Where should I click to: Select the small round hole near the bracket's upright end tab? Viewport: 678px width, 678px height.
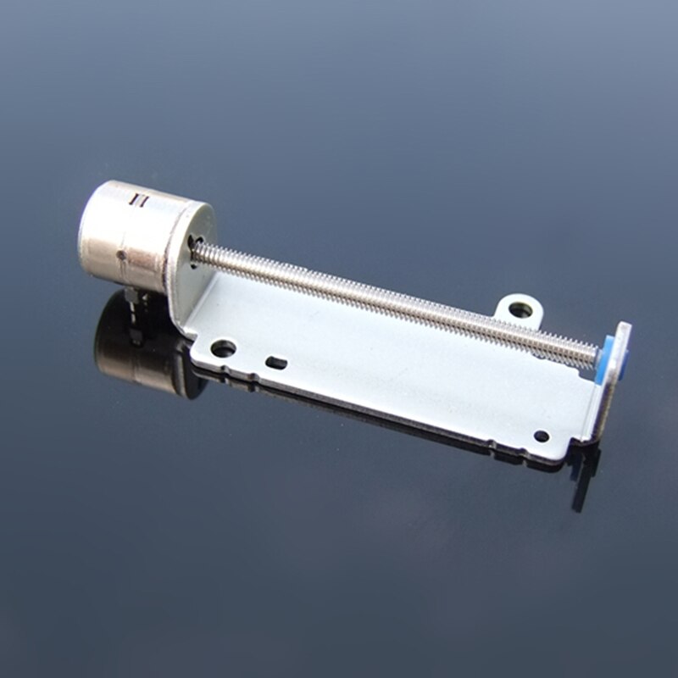click(x=541, y=436)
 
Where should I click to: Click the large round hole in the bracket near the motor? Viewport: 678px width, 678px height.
click(x=223, y=347)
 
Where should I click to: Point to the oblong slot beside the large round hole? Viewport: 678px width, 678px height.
click(x=276, y=363)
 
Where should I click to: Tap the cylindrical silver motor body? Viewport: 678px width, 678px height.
click(x=127, y=233)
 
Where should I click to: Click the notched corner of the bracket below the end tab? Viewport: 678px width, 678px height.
click(x=585, y=441)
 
